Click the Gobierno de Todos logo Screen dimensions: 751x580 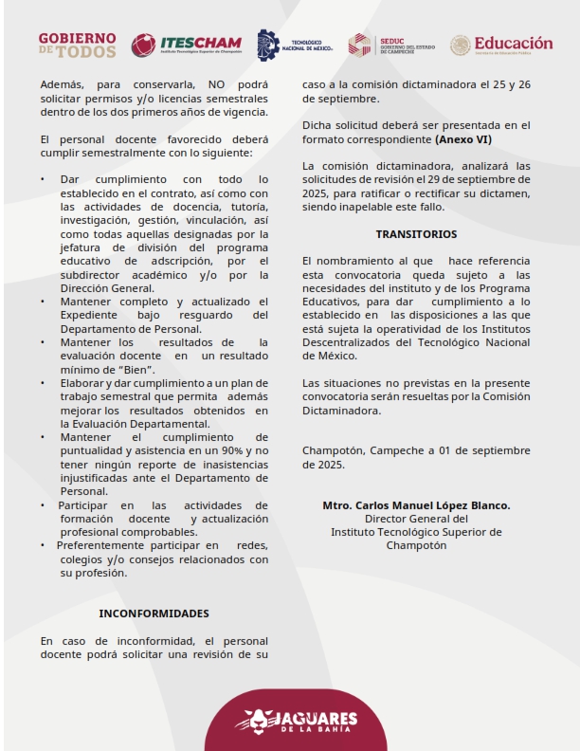click(77, 45)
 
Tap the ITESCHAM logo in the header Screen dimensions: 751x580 click(187, 45)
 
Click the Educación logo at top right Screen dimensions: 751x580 click(501, 45)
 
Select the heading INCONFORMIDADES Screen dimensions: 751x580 click(154, 614)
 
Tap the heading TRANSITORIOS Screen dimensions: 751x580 click(416, 233)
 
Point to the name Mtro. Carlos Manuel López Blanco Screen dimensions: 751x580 click(416, 505)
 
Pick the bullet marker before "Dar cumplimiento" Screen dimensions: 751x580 click(43, 179)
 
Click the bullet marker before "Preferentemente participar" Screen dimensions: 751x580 click(43, 546)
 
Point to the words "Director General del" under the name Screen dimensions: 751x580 click(416, 519)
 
